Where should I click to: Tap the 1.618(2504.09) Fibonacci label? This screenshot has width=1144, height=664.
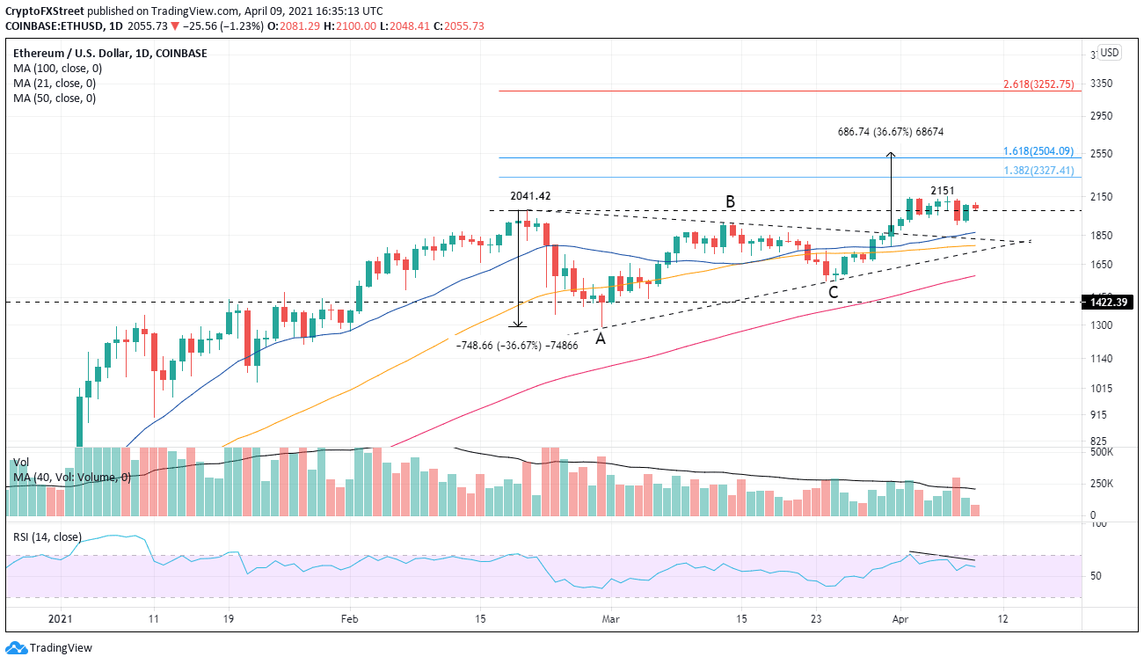coord(1039,151)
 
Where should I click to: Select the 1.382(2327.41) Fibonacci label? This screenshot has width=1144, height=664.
coord(1039,171)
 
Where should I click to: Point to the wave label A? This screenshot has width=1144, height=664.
coord(601,338)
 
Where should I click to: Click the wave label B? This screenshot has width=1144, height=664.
coord(730,202)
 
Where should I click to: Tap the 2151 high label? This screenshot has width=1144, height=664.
coord(943,191)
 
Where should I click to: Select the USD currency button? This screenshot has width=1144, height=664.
coord(1110,53)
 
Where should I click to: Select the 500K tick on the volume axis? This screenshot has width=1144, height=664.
coord(1102,452)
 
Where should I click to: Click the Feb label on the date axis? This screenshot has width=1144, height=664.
coord(349,619)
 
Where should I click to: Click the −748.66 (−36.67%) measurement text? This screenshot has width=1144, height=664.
coord(516,346)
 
